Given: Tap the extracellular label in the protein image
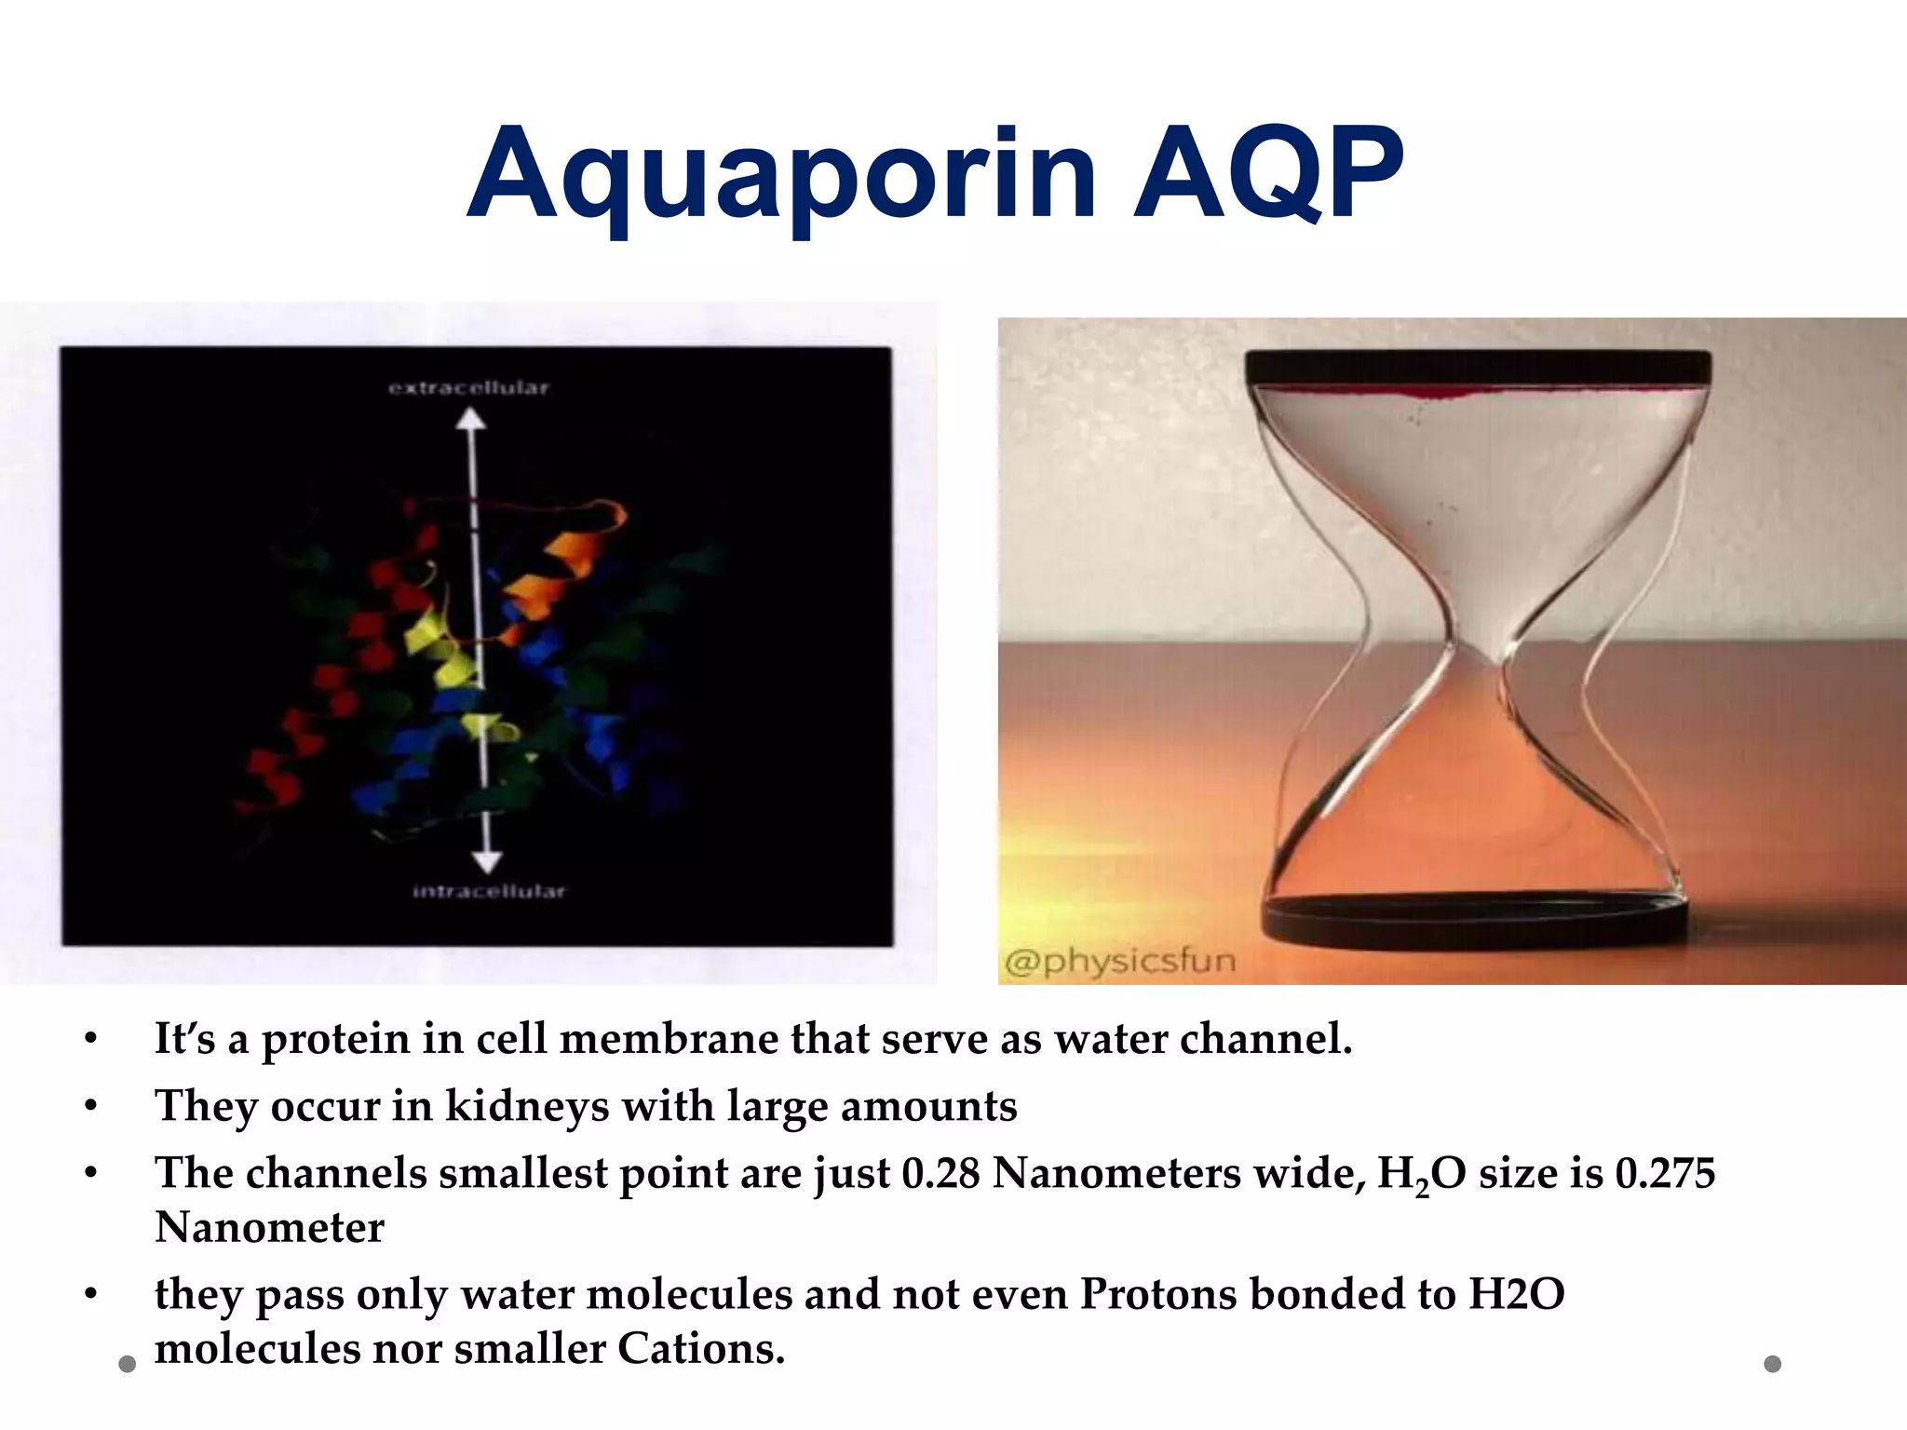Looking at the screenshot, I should tap(469, 387).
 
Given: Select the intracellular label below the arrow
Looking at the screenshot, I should tap(489, 892).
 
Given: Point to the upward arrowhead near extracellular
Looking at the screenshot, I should tap(471, 420).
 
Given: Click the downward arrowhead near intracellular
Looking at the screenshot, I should tap(486, 861).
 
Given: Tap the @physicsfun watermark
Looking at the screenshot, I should tap(1120, 961).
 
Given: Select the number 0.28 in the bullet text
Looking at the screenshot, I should tap(940, 1173).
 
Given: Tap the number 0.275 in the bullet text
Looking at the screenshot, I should tap(1665, 1173).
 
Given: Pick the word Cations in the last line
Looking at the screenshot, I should tap(700, 1349).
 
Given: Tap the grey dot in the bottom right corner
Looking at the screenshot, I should tap(1773, 1364).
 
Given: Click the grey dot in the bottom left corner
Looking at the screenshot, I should tap(128, 1365).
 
